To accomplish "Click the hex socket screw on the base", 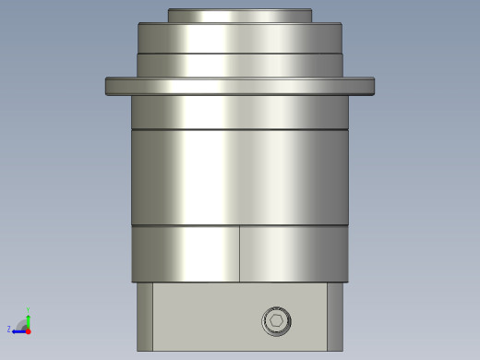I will point(276,321).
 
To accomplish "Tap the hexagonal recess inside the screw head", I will point(276,321).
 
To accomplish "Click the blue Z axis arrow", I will point(18,330).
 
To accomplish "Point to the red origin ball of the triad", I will point(29,330).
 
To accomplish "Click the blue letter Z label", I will point(9,330).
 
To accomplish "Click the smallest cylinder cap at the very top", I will point(239,16).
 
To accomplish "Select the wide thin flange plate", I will point(239,86).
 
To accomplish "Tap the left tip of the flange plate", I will point(108,86).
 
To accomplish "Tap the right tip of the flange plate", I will point(372,86).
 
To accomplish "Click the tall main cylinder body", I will point(239,176).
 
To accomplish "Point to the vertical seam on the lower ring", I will point(240,254).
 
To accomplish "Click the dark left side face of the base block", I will point(145,316).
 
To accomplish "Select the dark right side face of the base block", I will point(334,316).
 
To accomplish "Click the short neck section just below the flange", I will point(239,112).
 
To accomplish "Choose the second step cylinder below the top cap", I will point(239,38).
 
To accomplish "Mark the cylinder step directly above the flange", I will point(239,66).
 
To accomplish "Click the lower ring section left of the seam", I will point(185,254).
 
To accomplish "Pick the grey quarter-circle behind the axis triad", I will point(22,324).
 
